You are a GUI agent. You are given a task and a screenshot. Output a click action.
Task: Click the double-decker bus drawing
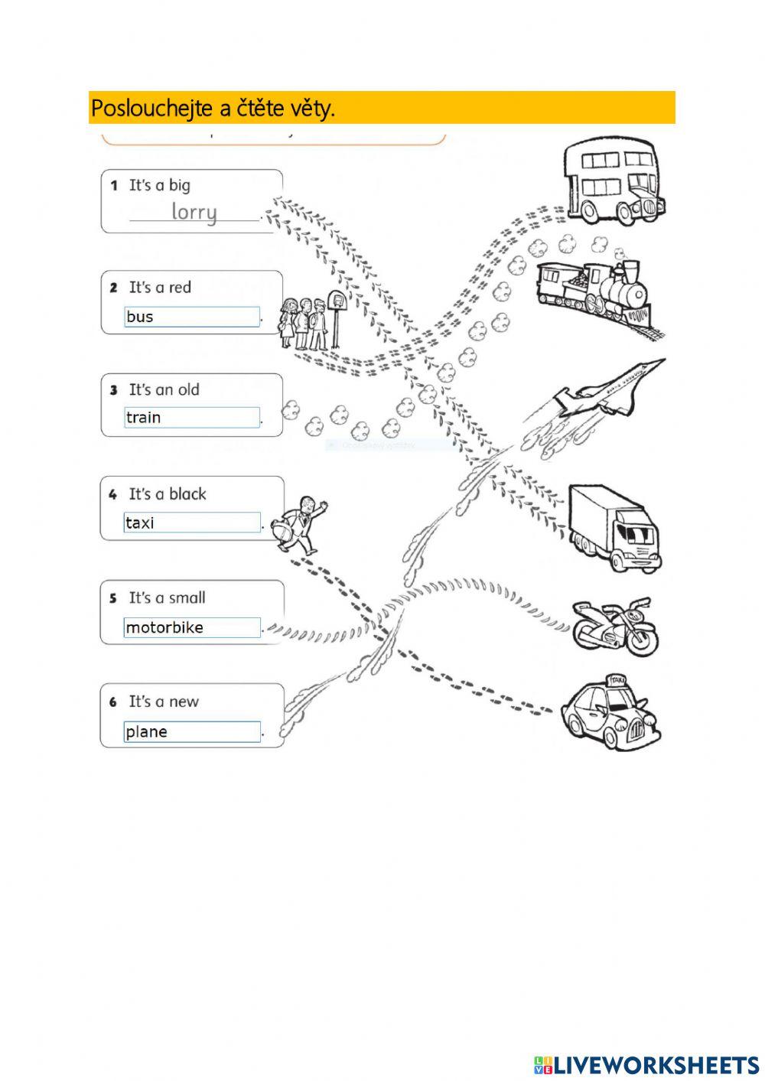[x=613, y=182]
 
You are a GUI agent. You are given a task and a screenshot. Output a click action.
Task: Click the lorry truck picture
[x=614, y=528]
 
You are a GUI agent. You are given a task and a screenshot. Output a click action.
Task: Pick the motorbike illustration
[x=615, y=627]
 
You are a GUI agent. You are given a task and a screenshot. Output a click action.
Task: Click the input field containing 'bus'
[x=192, y=317]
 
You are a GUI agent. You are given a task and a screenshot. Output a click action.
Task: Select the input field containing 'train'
[x=192, y=418]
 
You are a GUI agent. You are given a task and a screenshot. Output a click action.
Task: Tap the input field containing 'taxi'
[x=192, y=523]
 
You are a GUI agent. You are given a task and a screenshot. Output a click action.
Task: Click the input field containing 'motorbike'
[x=192, y=627]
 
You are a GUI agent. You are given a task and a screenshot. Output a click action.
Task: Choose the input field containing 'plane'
[x=192, y=732]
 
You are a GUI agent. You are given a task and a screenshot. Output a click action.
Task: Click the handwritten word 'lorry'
[x=194, y=211]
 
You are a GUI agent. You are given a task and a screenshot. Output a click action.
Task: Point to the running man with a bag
[x=301, y=524]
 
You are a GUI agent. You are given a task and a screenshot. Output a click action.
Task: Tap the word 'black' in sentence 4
[x=187, y=494]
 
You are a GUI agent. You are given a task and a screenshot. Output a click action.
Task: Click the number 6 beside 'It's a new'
[x=113, y=702]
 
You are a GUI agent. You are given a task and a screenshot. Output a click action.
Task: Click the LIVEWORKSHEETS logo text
[x=655, y=1065]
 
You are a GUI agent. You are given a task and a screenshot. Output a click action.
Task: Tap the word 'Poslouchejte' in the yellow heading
[x=151, y=109]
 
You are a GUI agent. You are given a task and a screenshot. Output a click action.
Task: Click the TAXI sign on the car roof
[x=614, y=680]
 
